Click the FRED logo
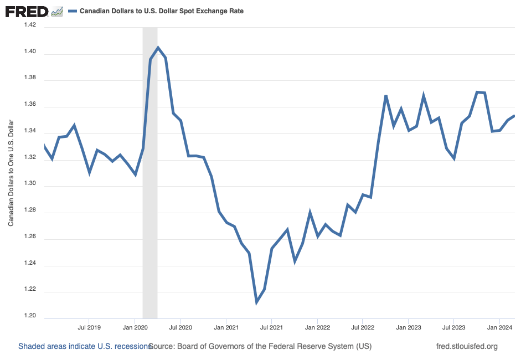26,11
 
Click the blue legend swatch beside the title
72,11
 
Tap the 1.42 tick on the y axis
29,25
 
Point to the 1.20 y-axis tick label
29,316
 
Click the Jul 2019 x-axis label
89,327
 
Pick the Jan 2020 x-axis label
135,327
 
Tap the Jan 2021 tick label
226,327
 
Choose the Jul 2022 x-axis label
362,327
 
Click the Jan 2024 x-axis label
499,327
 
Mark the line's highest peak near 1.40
158,48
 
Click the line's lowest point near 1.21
257,302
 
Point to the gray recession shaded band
150,166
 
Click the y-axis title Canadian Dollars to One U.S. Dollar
11,172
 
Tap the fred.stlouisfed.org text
467,347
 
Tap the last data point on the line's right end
514,116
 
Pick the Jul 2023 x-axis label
453,327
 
